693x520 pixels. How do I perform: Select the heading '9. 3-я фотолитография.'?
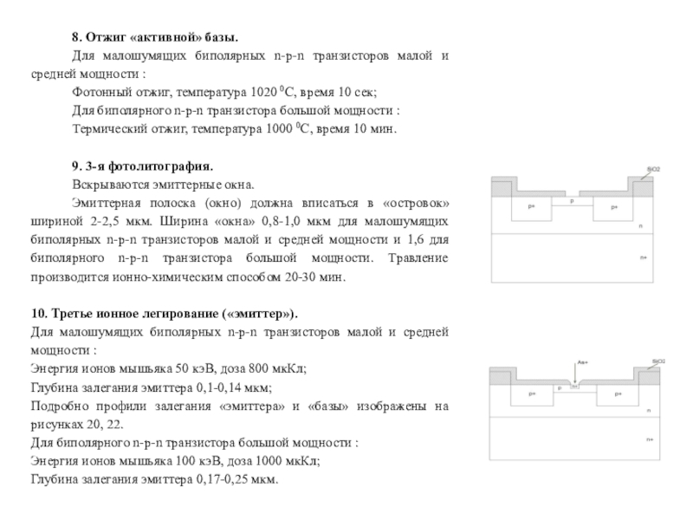pyautogui.click(x=142, y=166)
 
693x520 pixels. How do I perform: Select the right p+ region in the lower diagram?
pyautogui.click(x=617, y=394)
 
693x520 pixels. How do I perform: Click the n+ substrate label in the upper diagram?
pyautogui.click(x=644, y=257)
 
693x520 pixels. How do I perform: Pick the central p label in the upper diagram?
pyautogui.click(x=572, y=201)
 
